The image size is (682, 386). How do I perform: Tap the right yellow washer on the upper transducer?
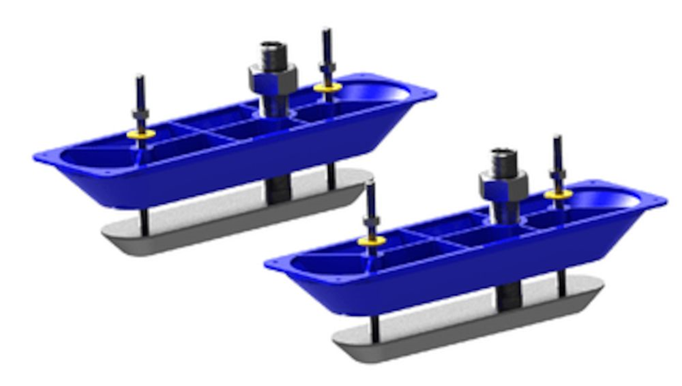coord(326,88)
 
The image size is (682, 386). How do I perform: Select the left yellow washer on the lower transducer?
coord(372,240)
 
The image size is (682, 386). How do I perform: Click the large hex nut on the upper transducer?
coord(273,79)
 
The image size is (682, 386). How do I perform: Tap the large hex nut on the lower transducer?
coord(503,184)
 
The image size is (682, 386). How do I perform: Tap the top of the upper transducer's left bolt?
coord(140,78)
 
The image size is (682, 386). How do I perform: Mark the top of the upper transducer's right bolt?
coord(325,31)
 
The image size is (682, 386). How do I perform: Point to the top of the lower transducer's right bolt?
coord(557,138)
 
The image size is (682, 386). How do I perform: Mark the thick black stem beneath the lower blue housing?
coord(509,293)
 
